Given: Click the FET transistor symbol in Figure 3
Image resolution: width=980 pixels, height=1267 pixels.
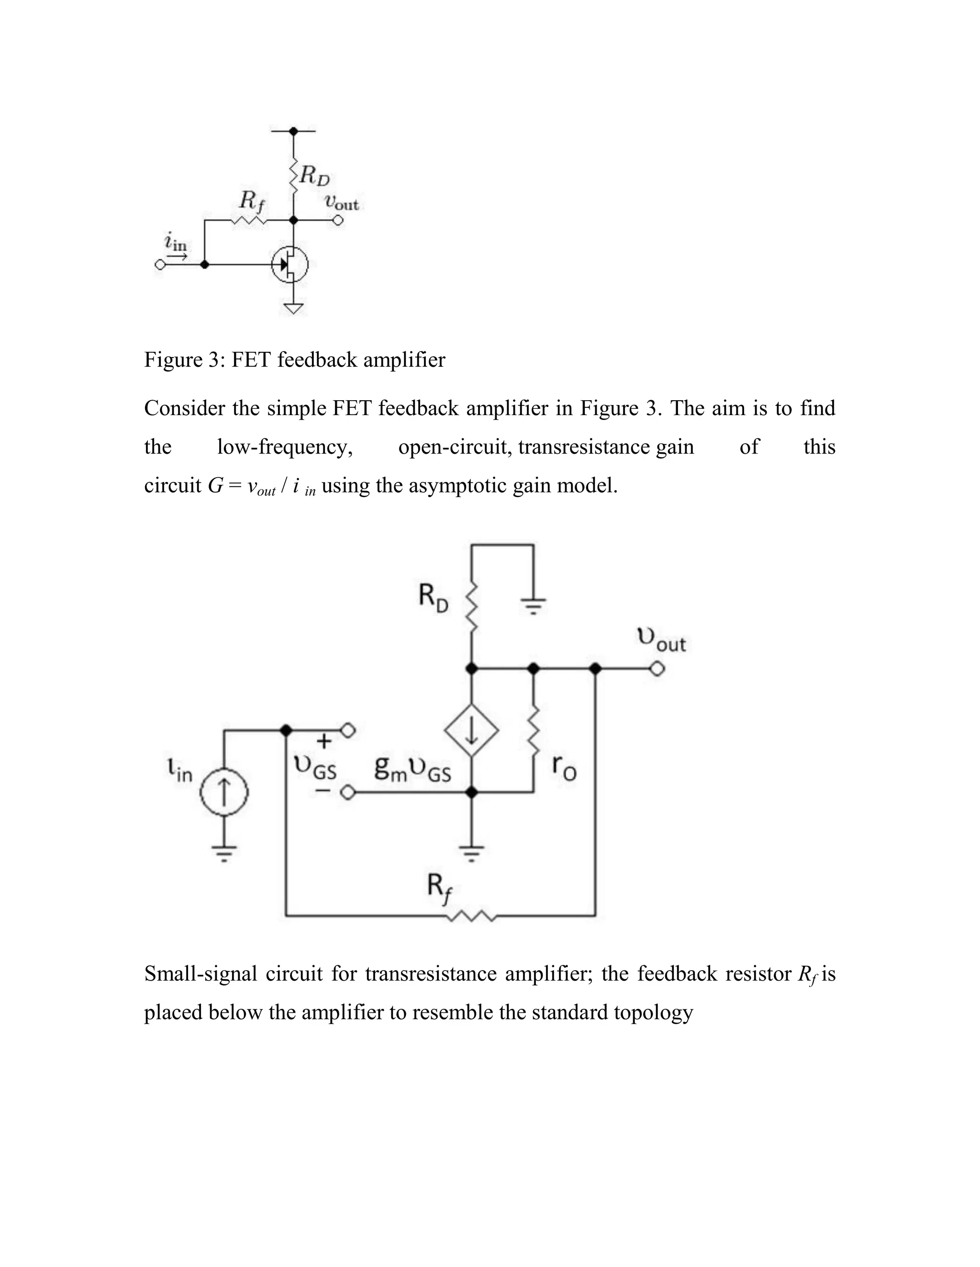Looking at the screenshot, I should coord(291,265).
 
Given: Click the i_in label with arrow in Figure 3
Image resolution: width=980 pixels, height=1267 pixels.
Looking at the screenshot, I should coord(175,244).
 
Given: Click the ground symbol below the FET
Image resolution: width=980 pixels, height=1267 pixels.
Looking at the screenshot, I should coord(294,307).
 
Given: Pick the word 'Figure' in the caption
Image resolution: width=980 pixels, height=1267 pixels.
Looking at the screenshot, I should coord(172,360).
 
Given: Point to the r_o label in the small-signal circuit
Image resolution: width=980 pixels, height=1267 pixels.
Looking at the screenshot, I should coord(564,767).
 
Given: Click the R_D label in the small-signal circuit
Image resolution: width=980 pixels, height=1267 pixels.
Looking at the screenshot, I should coord(433,598).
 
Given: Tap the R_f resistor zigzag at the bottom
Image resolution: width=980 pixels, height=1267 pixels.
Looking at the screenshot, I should coord(471,916).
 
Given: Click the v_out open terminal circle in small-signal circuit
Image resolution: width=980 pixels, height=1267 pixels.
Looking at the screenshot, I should coord(657,669).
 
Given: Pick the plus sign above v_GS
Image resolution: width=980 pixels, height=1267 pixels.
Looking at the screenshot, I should coord(324,741).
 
